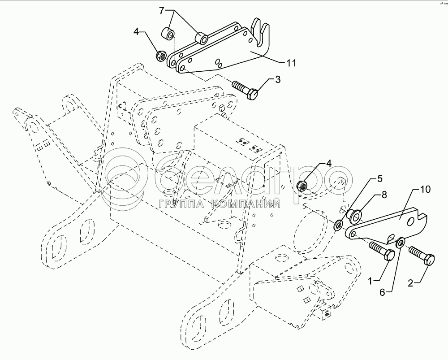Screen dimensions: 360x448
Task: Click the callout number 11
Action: tap(291, 63)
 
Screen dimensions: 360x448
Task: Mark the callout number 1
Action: tap(370, 282)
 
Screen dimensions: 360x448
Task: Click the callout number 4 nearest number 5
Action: tap(328, 163)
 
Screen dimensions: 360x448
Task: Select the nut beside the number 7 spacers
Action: tap(159, 56)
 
